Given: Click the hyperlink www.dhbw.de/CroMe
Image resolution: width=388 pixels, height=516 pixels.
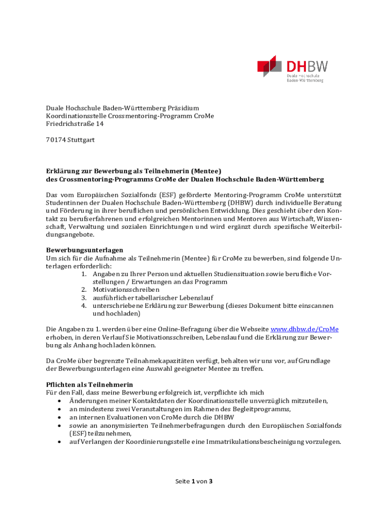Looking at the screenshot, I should coord(305,329).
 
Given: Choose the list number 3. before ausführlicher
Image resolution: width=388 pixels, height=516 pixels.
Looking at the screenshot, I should coord(84,298).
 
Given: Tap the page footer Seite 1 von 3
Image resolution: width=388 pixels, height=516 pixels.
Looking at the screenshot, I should coord(194,481).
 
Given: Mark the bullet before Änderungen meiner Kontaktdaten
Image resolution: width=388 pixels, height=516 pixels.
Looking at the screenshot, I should coord(60,401).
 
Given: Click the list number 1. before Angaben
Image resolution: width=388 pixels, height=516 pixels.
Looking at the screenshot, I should coord(84,274).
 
